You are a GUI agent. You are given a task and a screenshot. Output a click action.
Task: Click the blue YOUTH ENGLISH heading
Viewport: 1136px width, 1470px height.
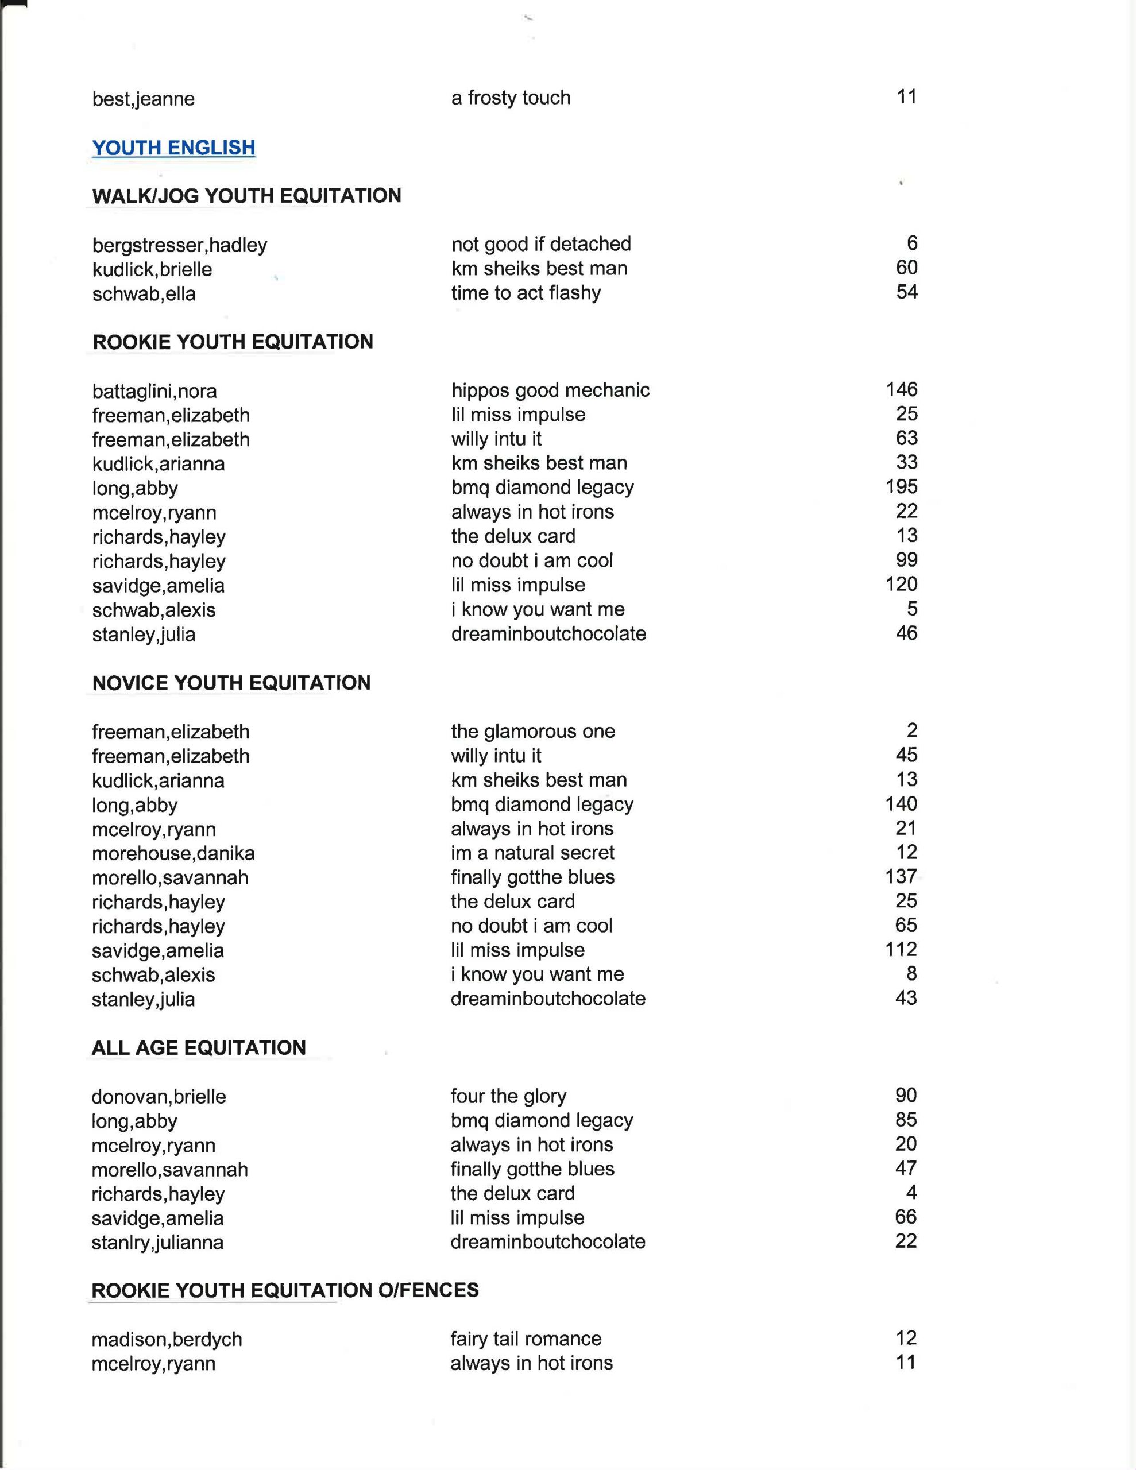click(x=174, y=148)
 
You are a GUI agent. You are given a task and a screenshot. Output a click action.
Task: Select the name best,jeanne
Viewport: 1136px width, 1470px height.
click(x=144, y=99)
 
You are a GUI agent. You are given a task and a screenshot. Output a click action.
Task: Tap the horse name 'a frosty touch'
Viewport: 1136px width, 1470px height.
click(x=511, y=98)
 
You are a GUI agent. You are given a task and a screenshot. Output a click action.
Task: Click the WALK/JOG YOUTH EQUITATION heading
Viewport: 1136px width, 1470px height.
click(x=246, y=196)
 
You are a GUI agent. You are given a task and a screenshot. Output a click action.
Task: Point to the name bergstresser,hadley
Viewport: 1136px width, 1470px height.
click(x=180, y=245)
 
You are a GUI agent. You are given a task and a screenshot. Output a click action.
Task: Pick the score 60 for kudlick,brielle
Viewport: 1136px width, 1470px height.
click(x=906, y=268)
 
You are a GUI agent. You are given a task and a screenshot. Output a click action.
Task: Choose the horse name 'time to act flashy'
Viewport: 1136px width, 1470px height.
click(x=526, y=293)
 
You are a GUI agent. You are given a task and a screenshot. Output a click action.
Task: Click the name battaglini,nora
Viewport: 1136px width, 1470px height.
click(x=155, y=391)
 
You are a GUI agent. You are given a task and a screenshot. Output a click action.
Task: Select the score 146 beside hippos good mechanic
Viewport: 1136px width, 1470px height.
click(x=902, y=389)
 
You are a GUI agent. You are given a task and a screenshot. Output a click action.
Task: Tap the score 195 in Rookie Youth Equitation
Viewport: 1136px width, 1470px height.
click(x=902, y=486)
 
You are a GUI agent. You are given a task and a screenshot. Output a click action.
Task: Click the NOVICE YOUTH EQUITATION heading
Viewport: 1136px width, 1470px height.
click(x=231, y=683)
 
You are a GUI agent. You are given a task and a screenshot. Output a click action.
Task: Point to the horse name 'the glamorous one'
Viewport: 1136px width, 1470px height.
click(x=532, y=731)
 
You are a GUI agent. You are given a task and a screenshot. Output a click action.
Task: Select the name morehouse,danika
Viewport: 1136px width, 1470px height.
click(x=173, y=853)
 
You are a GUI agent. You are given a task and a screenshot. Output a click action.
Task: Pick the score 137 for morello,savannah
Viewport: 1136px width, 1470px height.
click(x=901, y=876)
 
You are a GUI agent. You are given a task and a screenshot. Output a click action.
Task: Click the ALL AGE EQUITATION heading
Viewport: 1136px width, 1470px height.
click(x=199, y=1048)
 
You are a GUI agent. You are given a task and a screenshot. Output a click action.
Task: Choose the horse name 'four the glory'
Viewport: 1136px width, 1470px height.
click(x=508, y=1096)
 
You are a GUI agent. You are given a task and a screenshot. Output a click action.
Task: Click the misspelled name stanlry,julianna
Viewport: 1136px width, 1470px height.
click(x=157, y=1243)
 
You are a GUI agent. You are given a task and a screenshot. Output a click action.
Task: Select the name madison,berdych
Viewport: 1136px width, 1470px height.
click(x=167, y=1340)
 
